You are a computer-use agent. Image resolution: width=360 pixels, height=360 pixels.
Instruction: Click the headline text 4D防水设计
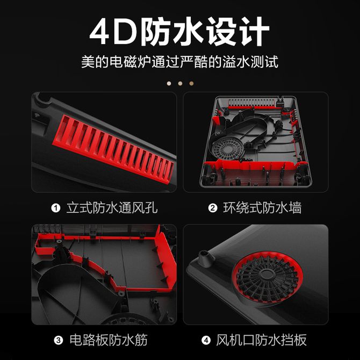point(179,31)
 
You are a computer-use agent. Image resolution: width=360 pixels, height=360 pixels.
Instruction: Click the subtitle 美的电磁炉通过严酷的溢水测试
point(180,62)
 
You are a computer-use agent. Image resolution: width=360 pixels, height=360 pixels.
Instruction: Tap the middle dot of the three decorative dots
point(180,83)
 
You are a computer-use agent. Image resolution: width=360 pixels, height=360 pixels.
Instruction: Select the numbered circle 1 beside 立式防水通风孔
point(55,208)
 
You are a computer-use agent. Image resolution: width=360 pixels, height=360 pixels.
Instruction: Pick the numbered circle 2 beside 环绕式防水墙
point(213,208)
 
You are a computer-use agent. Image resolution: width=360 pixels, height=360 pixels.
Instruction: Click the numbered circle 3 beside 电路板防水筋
point(59,340)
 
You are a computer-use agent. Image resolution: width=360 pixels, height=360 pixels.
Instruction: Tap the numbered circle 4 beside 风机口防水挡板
point(206,340)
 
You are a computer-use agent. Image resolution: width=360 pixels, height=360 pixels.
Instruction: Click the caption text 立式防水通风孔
point(112,208)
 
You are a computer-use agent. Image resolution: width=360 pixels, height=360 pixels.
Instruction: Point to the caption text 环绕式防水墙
point(262,208)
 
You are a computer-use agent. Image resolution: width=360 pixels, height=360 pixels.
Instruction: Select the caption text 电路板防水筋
point(109,340)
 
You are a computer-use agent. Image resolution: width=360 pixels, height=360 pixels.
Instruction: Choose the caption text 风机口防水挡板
point(261,340)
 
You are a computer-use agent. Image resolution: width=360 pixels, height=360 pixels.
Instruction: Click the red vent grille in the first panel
point(114,149)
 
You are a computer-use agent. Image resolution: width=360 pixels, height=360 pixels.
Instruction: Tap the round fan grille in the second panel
point(227,149)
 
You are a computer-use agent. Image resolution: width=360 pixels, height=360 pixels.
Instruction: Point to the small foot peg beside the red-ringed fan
point(204,257)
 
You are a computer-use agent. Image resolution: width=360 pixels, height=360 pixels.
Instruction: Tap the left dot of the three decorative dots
point(169,83)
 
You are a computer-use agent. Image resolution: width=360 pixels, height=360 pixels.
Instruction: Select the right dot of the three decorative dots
point(191,83)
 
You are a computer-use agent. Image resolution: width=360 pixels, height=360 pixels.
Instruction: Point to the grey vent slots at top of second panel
point(252,103)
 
